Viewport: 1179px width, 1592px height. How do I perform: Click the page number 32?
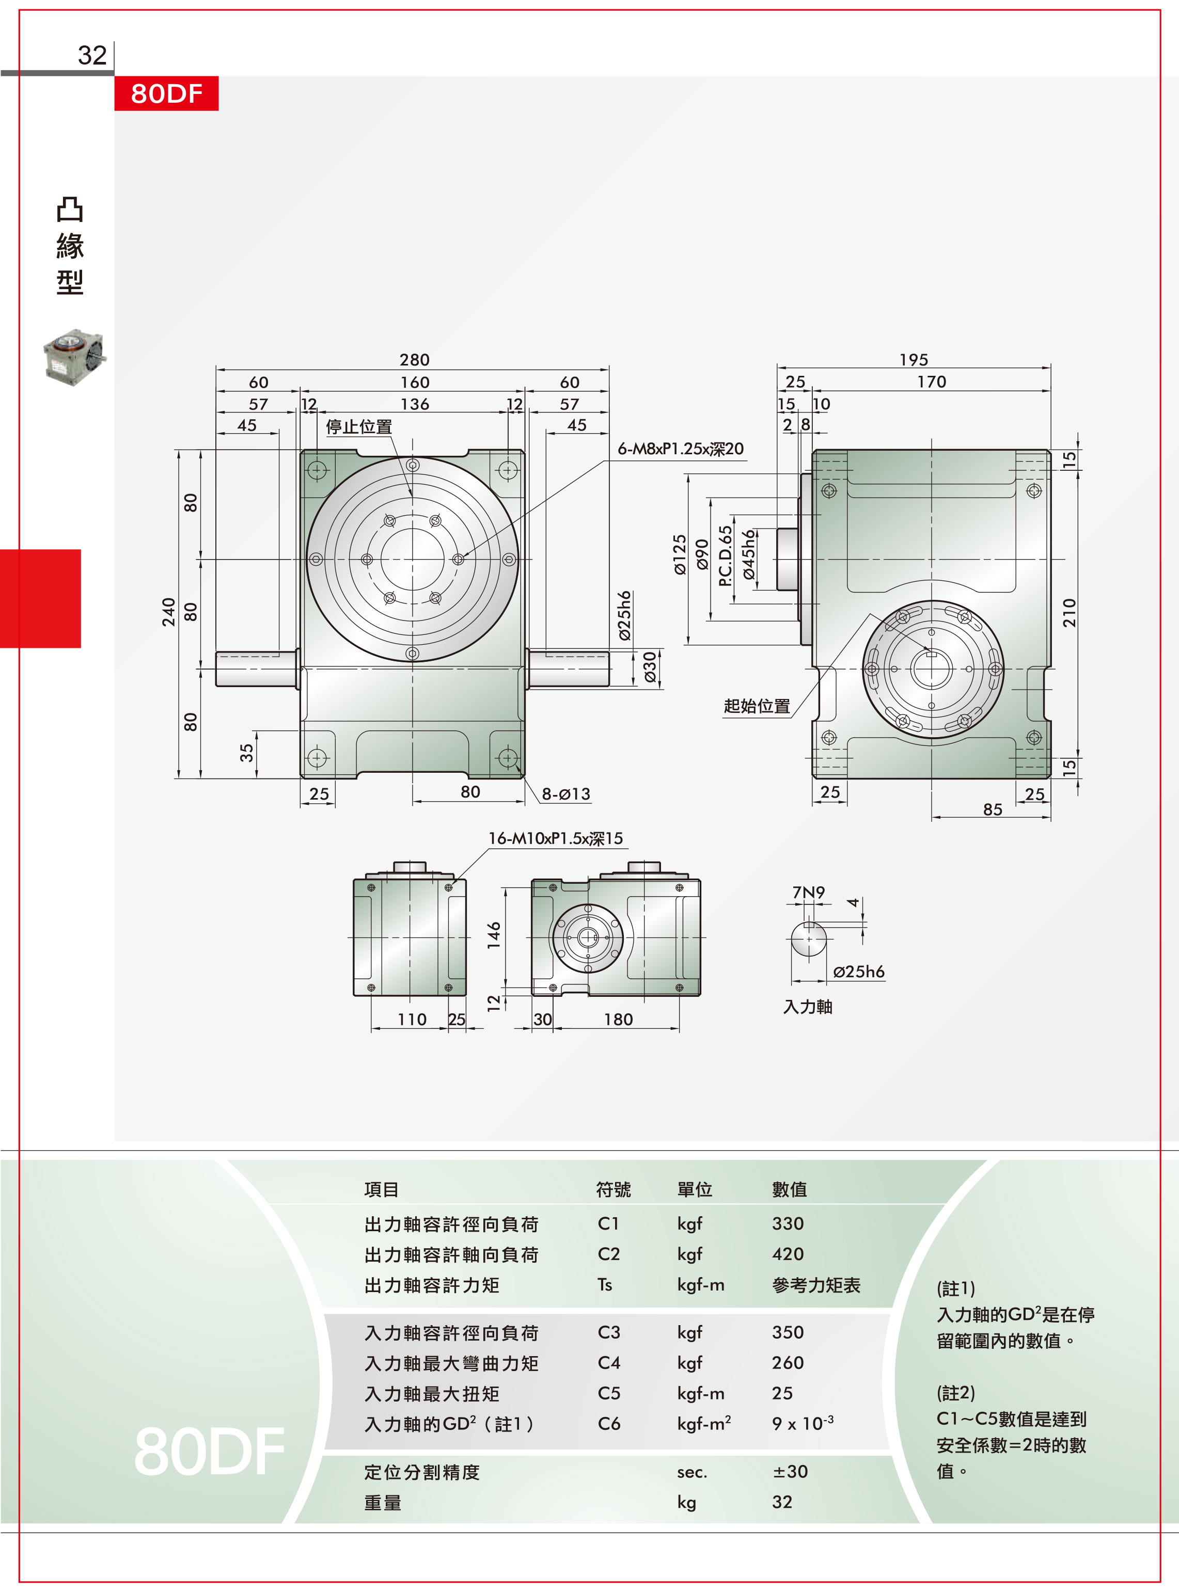(92, 55)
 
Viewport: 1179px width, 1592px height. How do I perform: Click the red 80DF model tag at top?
(166, 93)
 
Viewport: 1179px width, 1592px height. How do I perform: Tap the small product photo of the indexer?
(75, 357)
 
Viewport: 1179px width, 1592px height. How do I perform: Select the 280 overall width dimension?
(414, 359)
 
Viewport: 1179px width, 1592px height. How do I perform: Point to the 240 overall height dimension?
(168, 612)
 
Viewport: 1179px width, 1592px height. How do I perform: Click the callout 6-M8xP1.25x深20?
(681, 449)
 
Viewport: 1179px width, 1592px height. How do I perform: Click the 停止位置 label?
(359, 426)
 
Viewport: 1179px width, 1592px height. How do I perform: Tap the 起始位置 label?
(757, 706)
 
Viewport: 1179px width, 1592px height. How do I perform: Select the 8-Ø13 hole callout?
(566, 794)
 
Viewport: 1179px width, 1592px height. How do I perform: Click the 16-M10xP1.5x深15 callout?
(555, 838)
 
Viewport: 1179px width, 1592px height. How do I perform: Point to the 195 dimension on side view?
(914, 359)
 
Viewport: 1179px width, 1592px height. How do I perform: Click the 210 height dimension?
(1068, 613)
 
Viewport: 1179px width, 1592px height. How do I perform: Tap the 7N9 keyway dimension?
(809, 893)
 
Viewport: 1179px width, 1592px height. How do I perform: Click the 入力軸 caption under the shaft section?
(808, 1007)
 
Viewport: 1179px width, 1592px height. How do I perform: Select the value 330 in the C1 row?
(788, 1223)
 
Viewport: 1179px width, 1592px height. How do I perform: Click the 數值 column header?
(789, 1189)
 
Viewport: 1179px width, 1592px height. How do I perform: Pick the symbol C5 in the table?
(609, 1393)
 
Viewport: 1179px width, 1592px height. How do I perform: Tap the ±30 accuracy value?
(790, 1471)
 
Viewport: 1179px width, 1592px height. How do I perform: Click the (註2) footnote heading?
(955, 1393)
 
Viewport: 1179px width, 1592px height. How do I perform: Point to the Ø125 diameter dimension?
(680, 555)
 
